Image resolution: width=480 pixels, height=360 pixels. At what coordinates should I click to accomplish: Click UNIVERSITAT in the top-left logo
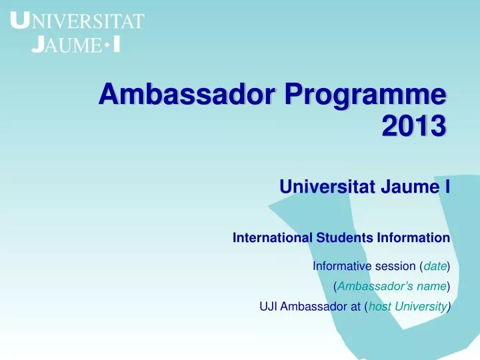click(x=79, y=22)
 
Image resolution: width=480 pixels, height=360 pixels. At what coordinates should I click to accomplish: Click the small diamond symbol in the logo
click(x=107, y=44)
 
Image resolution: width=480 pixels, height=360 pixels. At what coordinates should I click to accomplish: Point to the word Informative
click(x=340, y=267)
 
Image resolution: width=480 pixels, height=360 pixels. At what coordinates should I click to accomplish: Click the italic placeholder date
click(x=435, y=267)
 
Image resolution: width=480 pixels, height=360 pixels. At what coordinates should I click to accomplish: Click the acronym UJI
click(x=268, y=307)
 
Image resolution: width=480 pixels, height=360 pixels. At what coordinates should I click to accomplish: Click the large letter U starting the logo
click(x=21, y=21)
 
